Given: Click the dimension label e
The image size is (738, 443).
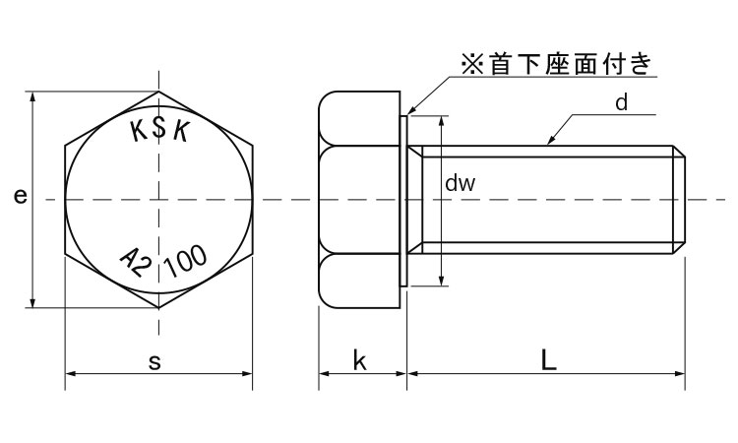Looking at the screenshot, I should (x=20, y=197).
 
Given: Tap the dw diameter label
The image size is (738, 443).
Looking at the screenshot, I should (x=461, y=183).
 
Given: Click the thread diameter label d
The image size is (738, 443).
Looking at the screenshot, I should (x=621, y=101).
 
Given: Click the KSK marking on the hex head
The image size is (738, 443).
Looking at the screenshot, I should (x=160, y=131).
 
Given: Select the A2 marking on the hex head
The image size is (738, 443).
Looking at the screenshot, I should (x=135, y=262).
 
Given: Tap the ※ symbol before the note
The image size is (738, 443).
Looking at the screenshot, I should (x=470, y=66).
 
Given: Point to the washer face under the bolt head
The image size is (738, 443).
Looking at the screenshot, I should (x=403, y=200).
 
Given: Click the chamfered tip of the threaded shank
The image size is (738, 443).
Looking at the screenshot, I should (x=679, y=200).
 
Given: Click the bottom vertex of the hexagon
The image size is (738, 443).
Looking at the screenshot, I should (x=159, y=308).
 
